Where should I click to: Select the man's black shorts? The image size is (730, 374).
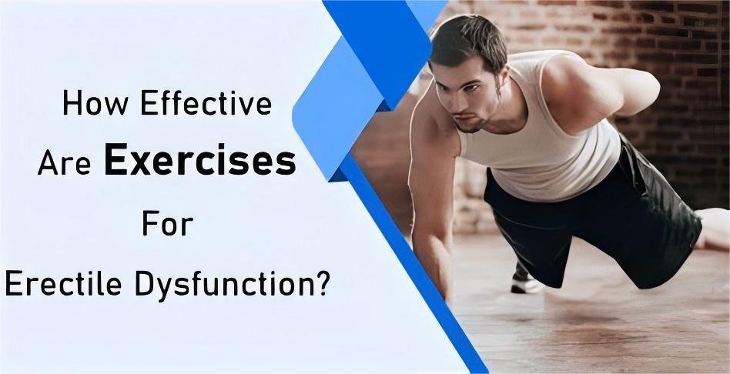pos(601,215)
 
